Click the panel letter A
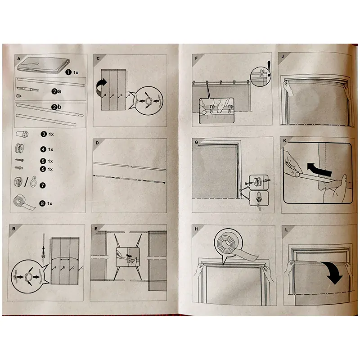[x=19, y=59]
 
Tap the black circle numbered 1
[x=68, y=72]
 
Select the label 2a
[x=56, y=91]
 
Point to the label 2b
[x=57, y=107]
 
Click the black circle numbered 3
[x=44, y=134]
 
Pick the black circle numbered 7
[x=43, y=185]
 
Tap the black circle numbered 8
[x=42, y=203]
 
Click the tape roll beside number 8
[x=24, y=203]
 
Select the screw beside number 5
[x=19, y=160]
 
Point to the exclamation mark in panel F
[x=269, y=68]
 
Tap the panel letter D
[x=97, y=143]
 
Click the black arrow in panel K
[x=319, y=170]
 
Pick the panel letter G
[x=196, y=142]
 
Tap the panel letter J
[x=283, y=57]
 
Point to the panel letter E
[x=96, y=229]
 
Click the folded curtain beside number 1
[x=44, y=65]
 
